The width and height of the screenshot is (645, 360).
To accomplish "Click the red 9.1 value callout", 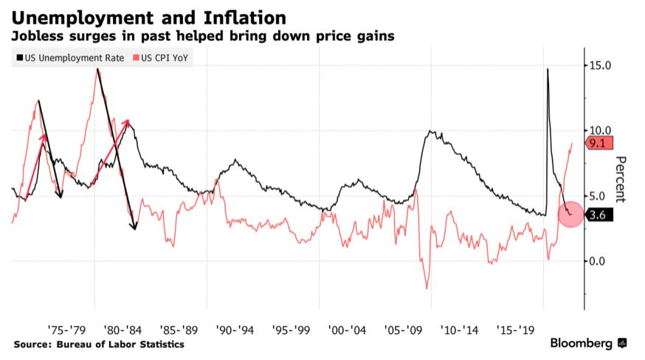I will coord(596,144).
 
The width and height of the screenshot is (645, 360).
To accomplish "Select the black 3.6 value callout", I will coord(596,215).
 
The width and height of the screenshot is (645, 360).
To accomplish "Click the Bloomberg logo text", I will coord(581,344).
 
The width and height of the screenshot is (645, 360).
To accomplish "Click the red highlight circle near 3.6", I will coord(570,213).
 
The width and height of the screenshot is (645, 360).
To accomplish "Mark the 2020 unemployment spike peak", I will coord(548,69).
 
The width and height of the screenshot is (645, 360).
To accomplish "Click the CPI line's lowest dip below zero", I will coord(427,288).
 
